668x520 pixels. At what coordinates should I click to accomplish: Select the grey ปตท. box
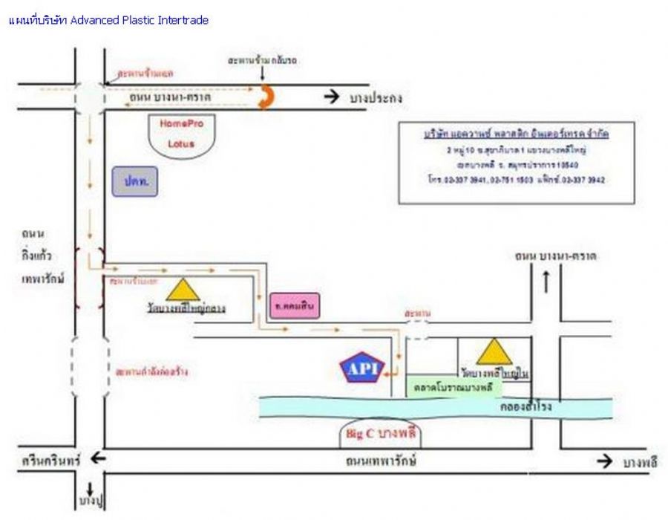coord(134,181)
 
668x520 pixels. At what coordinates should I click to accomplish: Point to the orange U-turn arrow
coord(265,97)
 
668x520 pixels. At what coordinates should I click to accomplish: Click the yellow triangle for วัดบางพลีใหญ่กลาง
coord(183,289)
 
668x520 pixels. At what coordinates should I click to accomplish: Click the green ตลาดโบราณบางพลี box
coord(454,388)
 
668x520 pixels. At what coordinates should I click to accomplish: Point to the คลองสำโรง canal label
coord(526,407)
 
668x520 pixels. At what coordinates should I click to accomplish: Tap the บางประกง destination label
coord(379,97)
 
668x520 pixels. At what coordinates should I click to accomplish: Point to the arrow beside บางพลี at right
coord(605,462)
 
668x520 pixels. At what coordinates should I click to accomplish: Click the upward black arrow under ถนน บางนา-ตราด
coord(546,282)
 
